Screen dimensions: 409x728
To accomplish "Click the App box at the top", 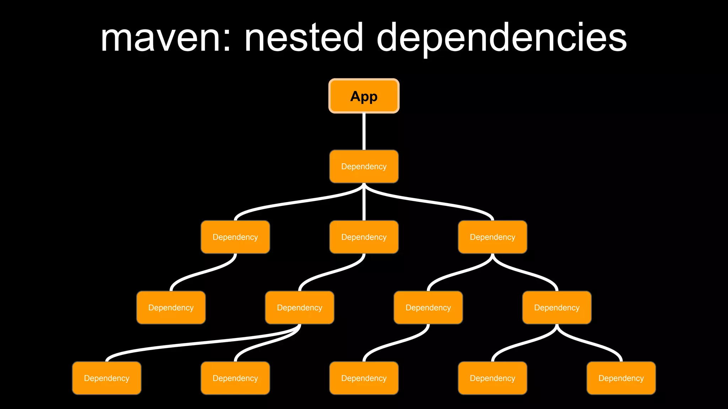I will pyautogui.click(x=364, y=96).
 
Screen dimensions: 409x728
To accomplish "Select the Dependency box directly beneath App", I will pyautogui.click(x=364, y=167).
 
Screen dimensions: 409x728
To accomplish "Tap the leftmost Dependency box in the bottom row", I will pyautogui.click(x=107, y=378).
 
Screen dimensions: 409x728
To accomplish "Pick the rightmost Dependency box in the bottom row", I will pyautogui.click(x=621, y=378).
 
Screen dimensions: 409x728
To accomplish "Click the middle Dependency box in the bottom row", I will pyautogui.click(x=364, y=378).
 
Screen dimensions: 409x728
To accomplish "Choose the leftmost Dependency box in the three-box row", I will pyautogui.click(x=235, y=237).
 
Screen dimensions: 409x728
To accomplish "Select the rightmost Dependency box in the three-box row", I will pyautogui.click(x=492, y=237).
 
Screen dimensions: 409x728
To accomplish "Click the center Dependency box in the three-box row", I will pyautogui.click(x=364, y=237).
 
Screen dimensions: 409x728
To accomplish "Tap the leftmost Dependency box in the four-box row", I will pyautogui.click(x=171, y=307).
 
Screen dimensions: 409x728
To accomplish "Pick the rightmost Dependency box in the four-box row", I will pyautogui.click(x=557, y=307).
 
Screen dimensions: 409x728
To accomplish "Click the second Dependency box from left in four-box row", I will pyautogui.click(x=300, y=307).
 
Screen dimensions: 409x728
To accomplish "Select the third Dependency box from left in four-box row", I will pyautogui.click(x=428, y=307).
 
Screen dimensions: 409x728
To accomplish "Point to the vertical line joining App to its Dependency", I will pyautogui.click(x=364, y=131).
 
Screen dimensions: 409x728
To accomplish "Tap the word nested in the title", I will pyautogui.click(x=304, y=38).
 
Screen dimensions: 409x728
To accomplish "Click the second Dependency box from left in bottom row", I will pyautogui.click(x=235, y=378).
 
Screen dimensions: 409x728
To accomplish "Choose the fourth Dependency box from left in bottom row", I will pyautogui.click(x=492, y=378).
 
